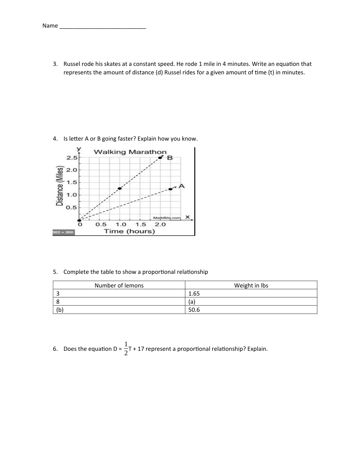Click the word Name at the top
50,26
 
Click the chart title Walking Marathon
130,152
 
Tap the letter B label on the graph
170,158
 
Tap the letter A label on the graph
182,186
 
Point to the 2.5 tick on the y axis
72,158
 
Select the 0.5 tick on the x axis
101,225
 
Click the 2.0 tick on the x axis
160,225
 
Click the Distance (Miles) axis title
60,186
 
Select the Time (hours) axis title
129,232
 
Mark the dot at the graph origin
79,220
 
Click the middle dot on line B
120,188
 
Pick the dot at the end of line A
170,189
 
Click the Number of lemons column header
119,285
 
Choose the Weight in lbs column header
251,285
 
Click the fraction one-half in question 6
126,349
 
